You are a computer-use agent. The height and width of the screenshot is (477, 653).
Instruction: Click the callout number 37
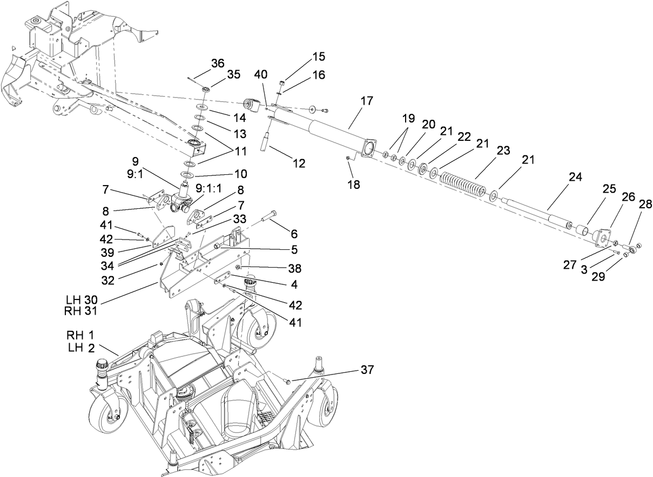point(367,370)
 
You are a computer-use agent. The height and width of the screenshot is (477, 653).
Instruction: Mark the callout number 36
point(218,63)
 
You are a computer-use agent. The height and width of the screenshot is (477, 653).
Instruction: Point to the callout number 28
point(645,204)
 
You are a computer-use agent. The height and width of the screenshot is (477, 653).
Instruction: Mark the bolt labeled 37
point(288,381)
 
